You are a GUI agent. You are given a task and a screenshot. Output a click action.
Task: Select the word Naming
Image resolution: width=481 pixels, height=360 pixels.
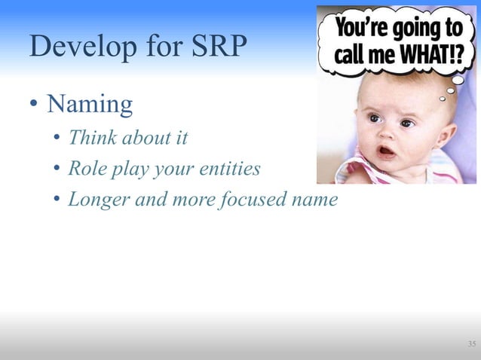tap(90, 105)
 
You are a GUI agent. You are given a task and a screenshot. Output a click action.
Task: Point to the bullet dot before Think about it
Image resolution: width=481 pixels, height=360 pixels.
tap(57, 139)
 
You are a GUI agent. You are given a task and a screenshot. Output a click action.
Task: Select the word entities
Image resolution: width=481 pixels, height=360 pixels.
tap(233, 169)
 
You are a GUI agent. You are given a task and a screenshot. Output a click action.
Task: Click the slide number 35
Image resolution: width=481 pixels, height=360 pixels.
tap(471, 344)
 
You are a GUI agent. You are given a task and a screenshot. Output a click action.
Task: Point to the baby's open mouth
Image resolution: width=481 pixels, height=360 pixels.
tap(385, 151)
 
